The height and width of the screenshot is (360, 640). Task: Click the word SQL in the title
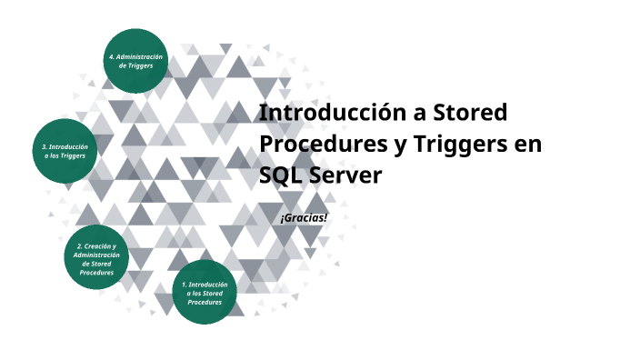point(279,175)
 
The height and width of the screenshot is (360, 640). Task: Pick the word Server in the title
point(349,175)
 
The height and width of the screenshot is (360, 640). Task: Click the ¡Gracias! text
point(304,218)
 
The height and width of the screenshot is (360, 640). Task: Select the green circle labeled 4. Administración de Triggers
point(135,62)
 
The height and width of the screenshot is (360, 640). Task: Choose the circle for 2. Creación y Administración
point(96,259)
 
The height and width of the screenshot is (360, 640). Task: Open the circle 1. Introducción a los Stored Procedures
point(205,293)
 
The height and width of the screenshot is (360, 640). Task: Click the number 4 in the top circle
point(111,57)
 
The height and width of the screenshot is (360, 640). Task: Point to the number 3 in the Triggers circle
point(45,146)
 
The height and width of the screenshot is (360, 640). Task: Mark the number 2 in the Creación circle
point(79,246)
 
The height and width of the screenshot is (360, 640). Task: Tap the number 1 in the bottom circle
point(184,285)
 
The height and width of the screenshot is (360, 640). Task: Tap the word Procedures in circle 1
point(205,302)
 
